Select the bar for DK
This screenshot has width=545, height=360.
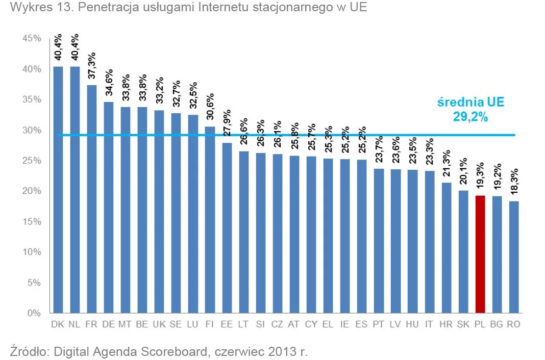[58, 189]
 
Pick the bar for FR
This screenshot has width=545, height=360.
[92, 199]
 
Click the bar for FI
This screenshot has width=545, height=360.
[210, 219]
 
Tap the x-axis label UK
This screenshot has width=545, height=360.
[159, 324]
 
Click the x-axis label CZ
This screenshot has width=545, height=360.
[277, 324]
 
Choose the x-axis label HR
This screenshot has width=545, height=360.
[446, 324]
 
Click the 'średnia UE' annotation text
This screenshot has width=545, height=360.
[470, 102]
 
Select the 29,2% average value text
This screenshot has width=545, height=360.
[470, 117]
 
